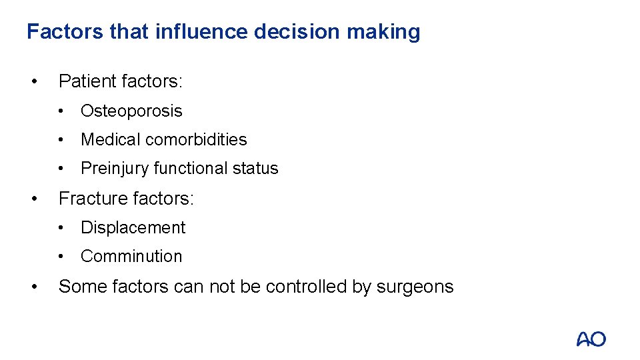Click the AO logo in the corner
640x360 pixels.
591,339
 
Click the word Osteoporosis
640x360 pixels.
131,111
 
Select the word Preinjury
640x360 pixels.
114,169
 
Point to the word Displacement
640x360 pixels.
133,227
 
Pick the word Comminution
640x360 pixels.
131,256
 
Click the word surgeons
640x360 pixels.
415,287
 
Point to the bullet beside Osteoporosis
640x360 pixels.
60,111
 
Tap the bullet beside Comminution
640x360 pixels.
60,257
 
